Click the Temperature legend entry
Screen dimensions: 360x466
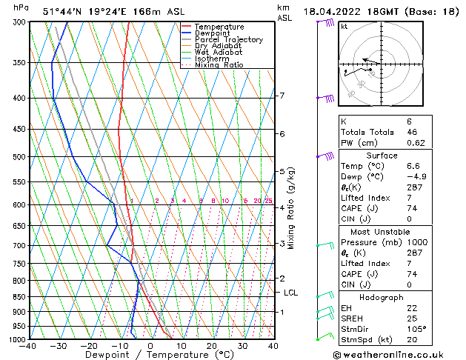[x=219, y=27]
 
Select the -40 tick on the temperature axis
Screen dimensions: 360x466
[x=28, y=346]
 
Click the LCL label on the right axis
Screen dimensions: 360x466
[x=291, y=293]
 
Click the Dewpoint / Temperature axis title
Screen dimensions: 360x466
[x=150, y=355]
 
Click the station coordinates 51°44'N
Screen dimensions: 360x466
[x=61, y=12]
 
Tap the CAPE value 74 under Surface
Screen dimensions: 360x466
[x=413, y=209]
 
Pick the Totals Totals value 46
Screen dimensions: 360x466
[x=413, y=131]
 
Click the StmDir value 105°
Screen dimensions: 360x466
[x=416, y=329]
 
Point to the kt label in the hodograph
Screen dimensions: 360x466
[x=344, y=27]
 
